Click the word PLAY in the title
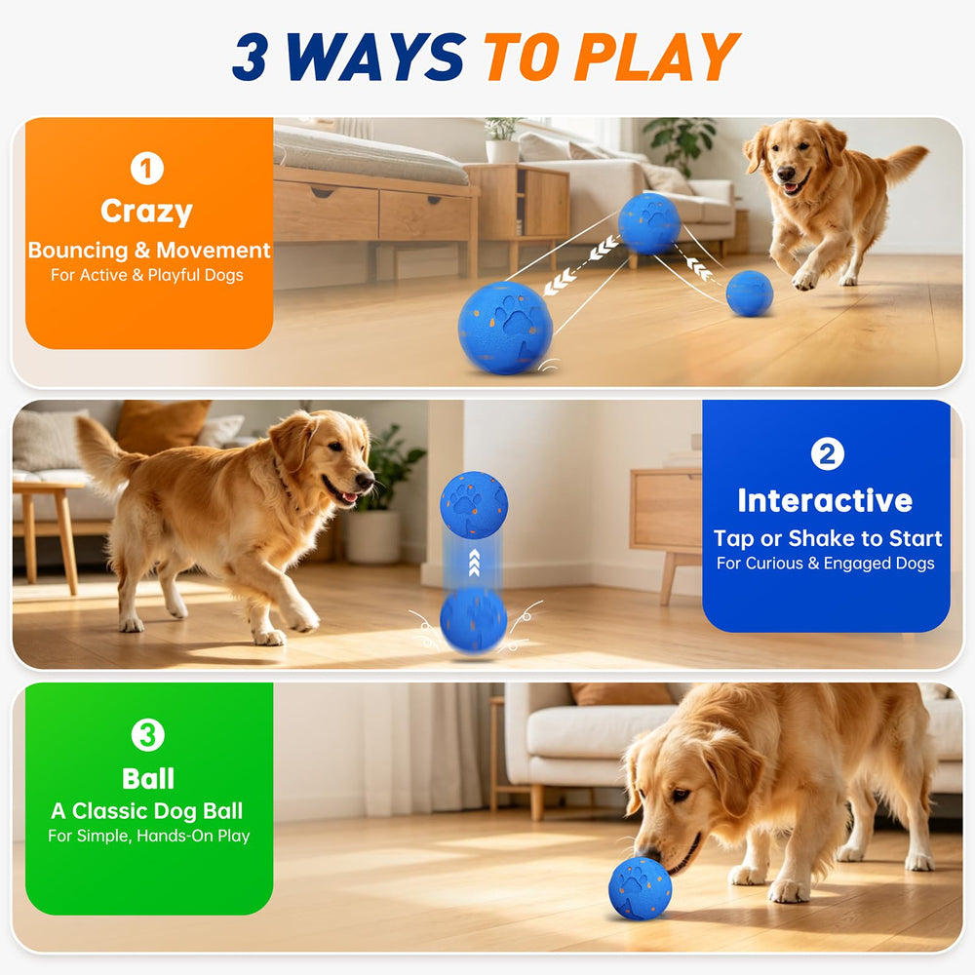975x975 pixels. [x=656, y=57]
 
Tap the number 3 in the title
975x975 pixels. [x=250, y=57]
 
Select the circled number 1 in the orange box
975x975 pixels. [x=147, y=169]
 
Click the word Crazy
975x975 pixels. [x=147, y=212]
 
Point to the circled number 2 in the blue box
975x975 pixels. [x=827, y=454]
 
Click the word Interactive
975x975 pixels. [x=825, y=500]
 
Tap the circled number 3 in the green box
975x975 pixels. [x=148, y=735]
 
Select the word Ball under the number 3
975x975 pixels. [x=148, y=778]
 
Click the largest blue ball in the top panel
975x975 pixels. [x=505, y=328]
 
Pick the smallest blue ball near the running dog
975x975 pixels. [x=750, y=292]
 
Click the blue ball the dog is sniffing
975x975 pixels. [x=640, y=888]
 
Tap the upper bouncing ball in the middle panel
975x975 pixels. [x=474, y=504]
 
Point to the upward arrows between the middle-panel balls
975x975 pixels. [x=475, y=564]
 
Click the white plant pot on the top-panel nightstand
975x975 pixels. [x=502, y=150]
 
